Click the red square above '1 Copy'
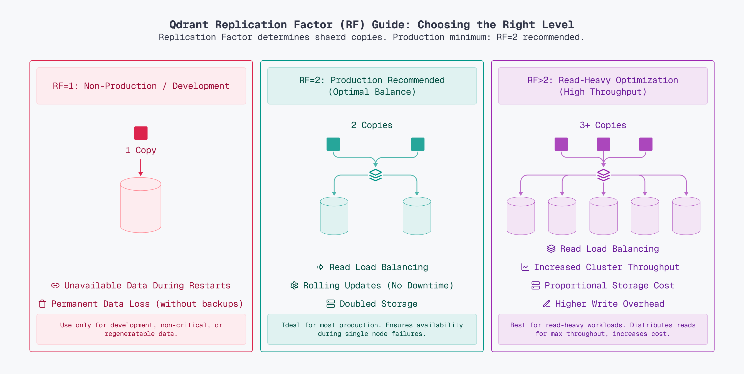[x=141, y=133]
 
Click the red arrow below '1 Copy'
[x=141, y=167]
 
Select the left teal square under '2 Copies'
[x=333, y=144]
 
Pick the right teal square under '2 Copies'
[x=418, y=144]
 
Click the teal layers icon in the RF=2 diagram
[x=375, y=175]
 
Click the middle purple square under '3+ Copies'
[x=603, y=144]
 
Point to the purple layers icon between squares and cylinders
[x=603, y=175]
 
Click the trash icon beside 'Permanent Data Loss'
[x=43, y=304]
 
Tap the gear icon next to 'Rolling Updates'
[x=294, y=285]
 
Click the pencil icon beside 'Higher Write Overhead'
[x=546, y=304]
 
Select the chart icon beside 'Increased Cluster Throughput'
[x=525, y=267]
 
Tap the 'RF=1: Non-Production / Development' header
[x=141, y=86]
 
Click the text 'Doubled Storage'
[x=378, y=304]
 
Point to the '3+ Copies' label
[x=603, y=125]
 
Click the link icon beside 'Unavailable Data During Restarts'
[x=55, y=285]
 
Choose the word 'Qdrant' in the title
[x=189, y=24]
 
